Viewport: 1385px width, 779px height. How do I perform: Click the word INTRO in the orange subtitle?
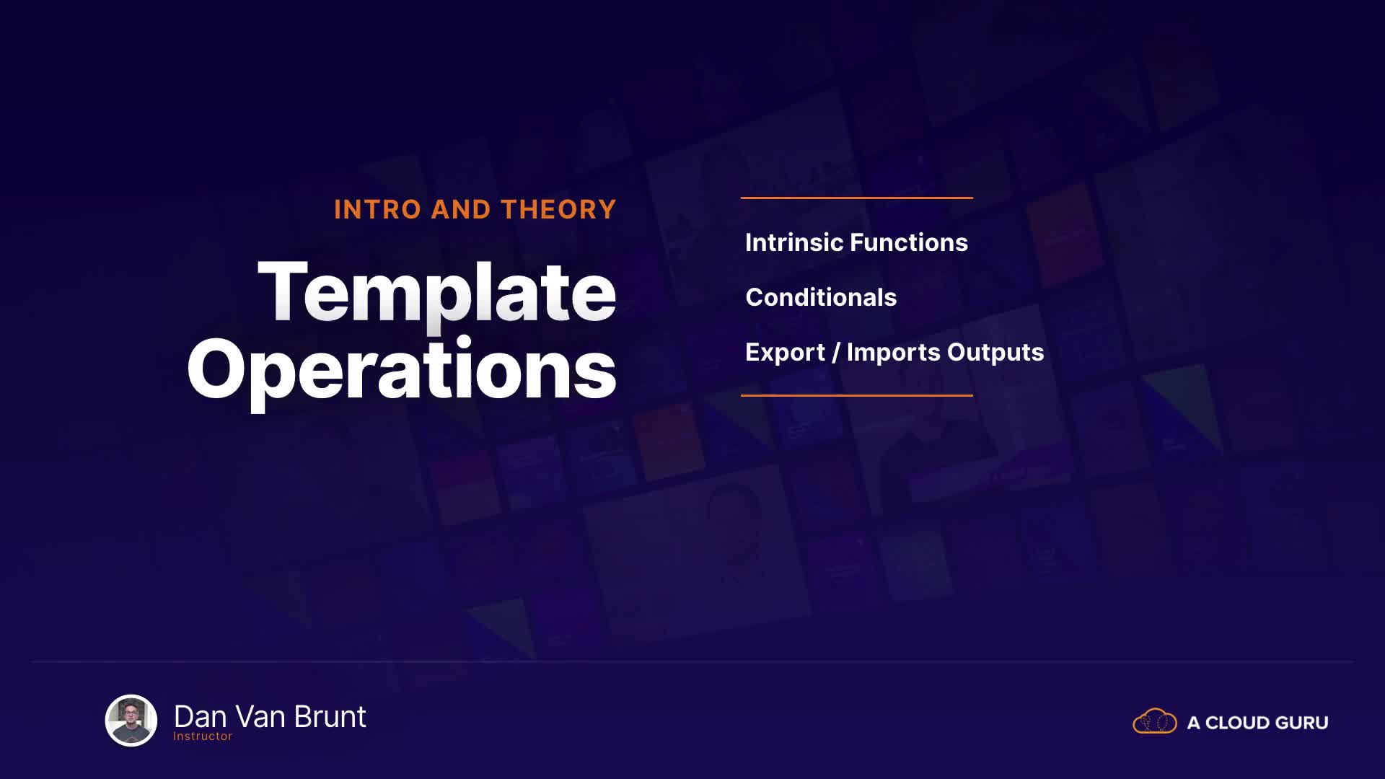coord(377,210)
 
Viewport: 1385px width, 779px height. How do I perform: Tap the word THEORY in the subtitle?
coord(559,210)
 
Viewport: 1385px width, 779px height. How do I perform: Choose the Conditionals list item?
coord(821,297)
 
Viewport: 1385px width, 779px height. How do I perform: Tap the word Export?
coord(785,353)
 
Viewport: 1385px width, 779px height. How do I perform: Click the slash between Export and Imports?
coord(836,353)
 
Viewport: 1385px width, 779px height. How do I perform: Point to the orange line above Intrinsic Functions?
coord(857,198)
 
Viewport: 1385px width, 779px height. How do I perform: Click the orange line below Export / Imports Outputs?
coord(857,395)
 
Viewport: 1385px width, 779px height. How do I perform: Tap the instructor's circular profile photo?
coord(131,721)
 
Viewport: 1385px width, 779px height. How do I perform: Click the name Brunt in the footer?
coord(330,717)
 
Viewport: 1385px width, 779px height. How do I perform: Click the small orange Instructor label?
coord(203,736)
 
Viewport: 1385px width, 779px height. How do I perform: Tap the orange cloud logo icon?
coord(1155,721)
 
